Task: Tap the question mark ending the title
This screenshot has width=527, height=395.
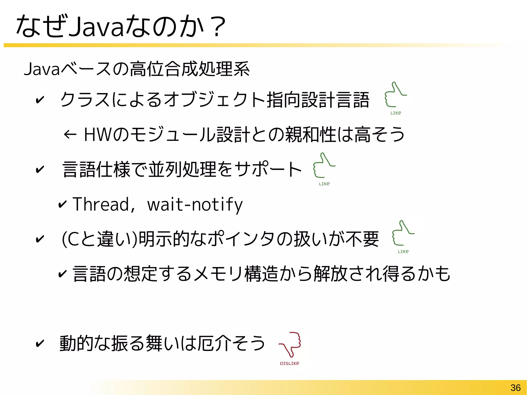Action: pyautogui.click(x=217, y=27)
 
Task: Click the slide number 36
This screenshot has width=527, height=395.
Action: pyautogui.click(x=515, y=388)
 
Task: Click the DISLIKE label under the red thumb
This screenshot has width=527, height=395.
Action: pyautogui.click(x=289, y=363)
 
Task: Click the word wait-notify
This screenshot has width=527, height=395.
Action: pyautogui.click(x=195, y=204)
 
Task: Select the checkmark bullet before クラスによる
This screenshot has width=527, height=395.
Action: pyautogui.click(x=40, y=100)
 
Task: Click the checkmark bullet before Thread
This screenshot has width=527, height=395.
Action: pyautogui.click(x=62, y=204)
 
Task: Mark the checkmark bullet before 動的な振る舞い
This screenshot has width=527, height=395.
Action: pyautogui.click(x=40, y=344)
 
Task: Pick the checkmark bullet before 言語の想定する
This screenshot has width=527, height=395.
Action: pyautogui.click(x=62, y=274)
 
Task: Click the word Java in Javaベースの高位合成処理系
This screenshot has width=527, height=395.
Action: pyautogui.click(x=42, y=69)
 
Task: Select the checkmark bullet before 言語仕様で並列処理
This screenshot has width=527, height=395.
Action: pyautogui.click(x=40, y=169)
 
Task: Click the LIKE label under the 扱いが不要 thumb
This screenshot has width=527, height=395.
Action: pyautogui.click(x=403, y=251)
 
